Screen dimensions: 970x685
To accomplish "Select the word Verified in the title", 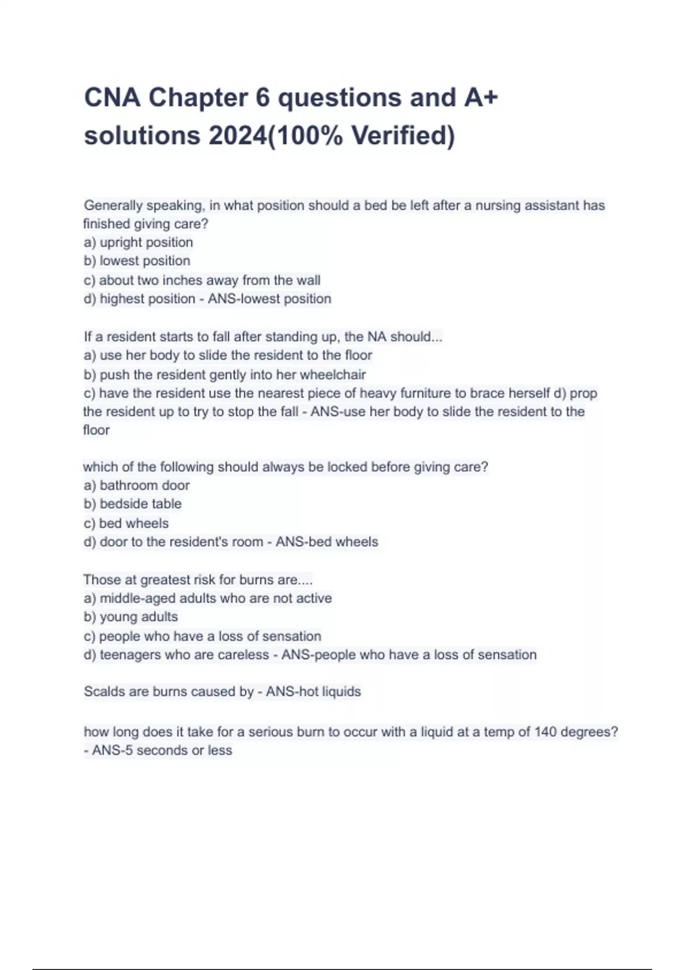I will tap(402, 136).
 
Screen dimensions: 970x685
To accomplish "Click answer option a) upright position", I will tap(139, 242).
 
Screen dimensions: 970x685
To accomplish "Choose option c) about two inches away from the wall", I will tap(202, 280).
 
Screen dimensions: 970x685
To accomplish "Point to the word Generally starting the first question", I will tap(112, 205).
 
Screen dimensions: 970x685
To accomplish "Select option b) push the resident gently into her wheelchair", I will tap(225, 374).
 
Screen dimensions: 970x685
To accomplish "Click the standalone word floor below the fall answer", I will tap(96, 430).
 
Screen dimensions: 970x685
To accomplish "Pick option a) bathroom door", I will tap(137, 486).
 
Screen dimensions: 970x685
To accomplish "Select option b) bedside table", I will tap(133, 504).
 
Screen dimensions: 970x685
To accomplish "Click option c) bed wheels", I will tap(126, 523).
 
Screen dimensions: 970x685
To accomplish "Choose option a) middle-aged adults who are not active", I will tap(208, 598).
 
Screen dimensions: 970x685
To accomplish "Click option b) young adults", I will tap(131, 617).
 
